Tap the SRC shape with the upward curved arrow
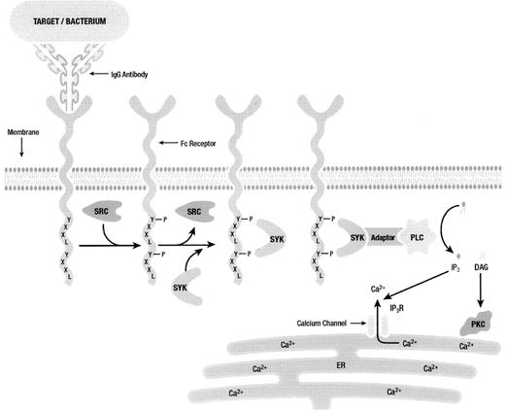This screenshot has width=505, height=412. coord(195,213)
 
